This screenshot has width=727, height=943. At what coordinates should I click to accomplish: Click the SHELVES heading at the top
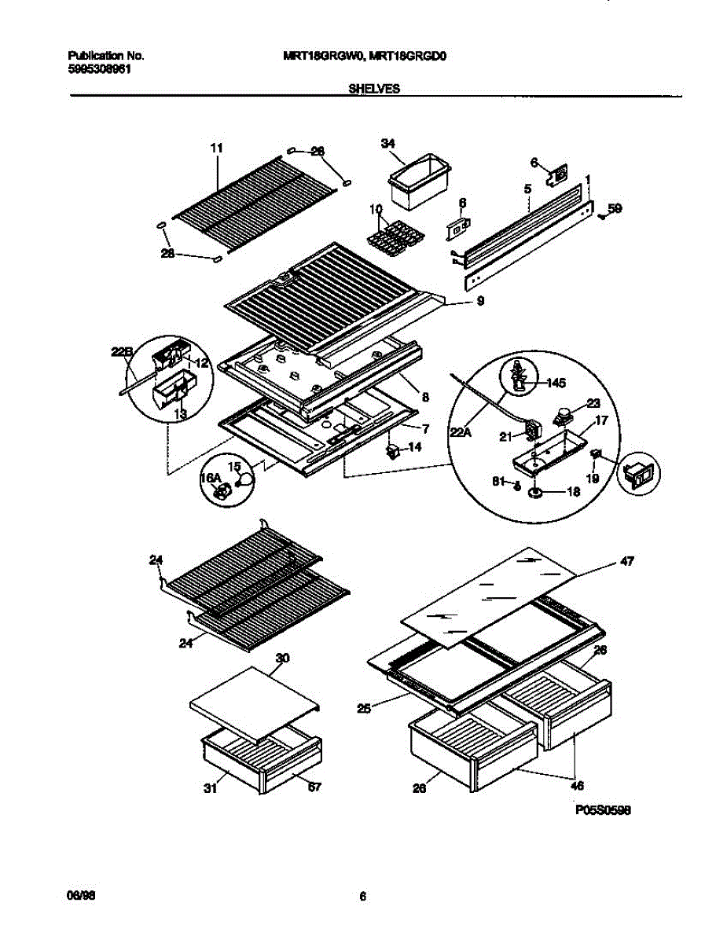tap(373, 90)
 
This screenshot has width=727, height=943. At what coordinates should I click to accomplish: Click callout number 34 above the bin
tap(387, 144)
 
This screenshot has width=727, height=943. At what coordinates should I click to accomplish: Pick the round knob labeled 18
tap(537, 493)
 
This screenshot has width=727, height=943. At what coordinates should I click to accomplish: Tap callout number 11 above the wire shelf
tap(217, 147)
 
